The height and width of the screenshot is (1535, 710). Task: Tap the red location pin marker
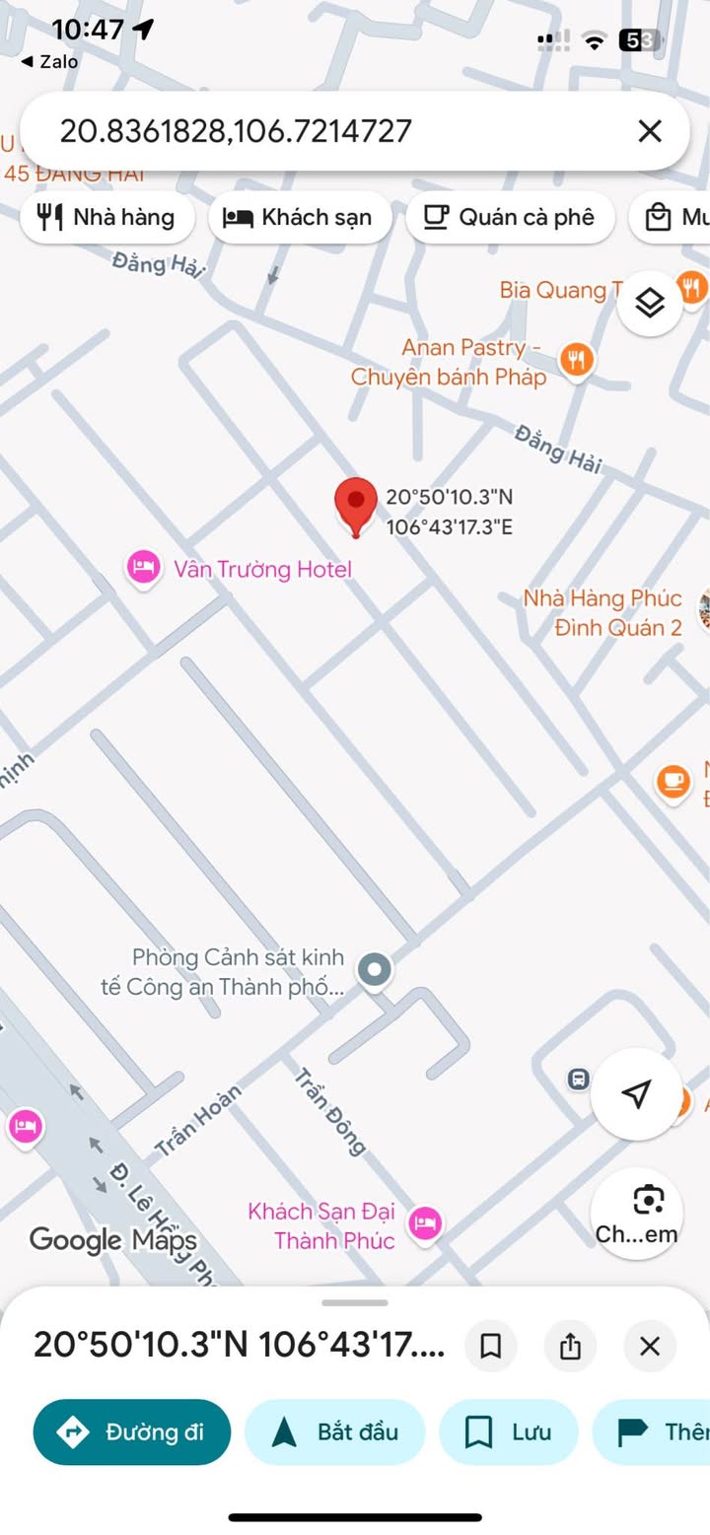[x=356, y=504]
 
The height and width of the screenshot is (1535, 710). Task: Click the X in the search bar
[x=649, y=131]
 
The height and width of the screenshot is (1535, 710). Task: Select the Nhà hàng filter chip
[x=106, y=217]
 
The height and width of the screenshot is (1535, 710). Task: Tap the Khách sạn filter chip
[x=299, y=217]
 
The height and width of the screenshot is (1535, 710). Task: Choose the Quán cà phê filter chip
[x=510, y=217]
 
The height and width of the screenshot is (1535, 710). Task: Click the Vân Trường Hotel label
[x=262, y=569]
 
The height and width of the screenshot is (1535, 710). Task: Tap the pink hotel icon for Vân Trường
[x=144, y=567]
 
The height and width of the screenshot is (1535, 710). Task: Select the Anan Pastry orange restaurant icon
[x=575, y=359]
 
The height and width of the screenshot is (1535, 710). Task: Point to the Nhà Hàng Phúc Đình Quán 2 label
[x=603, y=613]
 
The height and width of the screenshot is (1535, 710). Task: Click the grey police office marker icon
[x=374, y=970]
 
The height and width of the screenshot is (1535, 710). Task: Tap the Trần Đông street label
[x=330, y=1111]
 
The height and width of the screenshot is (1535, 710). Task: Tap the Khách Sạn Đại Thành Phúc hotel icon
[x=425, y=1223]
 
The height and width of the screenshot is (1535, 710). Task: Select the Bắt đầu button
[x=334, y=1431]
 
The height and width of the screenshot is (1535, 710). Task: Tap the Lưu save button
[x=508, y=1431]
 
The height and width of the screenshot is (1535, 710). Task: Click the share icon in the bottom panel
[x=570, y=1346]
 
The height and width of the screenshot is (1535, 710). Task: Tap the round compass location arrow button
[x=636, y=1093]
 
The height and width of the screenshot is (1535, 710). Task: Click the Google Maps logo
[x=112, y=1240]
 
